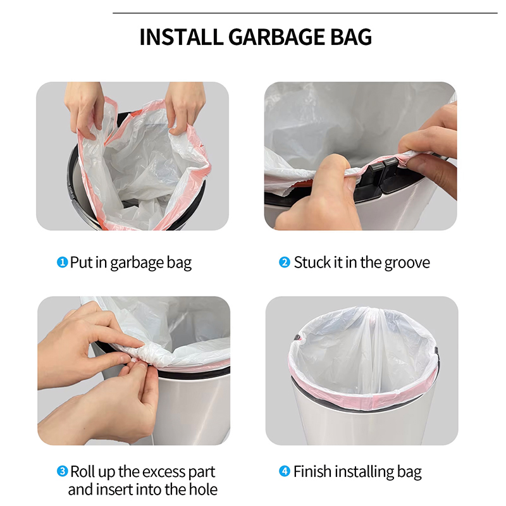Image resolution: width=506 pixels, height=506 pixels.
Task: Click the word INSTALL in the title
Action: (x=182, y=37)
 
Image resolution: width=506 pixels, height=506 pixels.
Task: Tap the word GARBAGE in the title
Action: (x=276, y=37)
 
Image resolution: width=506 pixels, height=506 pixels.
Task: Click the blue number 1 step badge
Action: (x=62, y=262)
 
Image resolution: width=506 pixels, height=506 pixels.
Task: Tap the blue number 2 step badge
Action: (x=284, y=262)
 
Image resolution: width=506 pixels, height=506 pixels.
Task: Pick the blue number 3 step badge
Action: (x=62, y=471)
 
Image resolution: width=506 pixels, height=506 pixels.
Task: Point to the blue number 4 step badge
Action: (x=284, y=471)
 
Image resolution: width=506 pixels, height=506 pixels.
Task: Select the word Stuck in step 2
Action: (x=312, y=262)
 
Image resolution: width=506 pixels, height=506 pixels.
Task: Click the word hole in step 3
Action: (x=203, y=489)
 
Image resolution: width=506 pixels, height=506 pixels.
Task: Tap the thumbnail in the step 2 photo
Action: (x=333, y=161)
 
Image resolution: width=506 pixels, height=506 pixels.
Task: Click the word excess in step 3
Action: (x=163, y=472)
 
